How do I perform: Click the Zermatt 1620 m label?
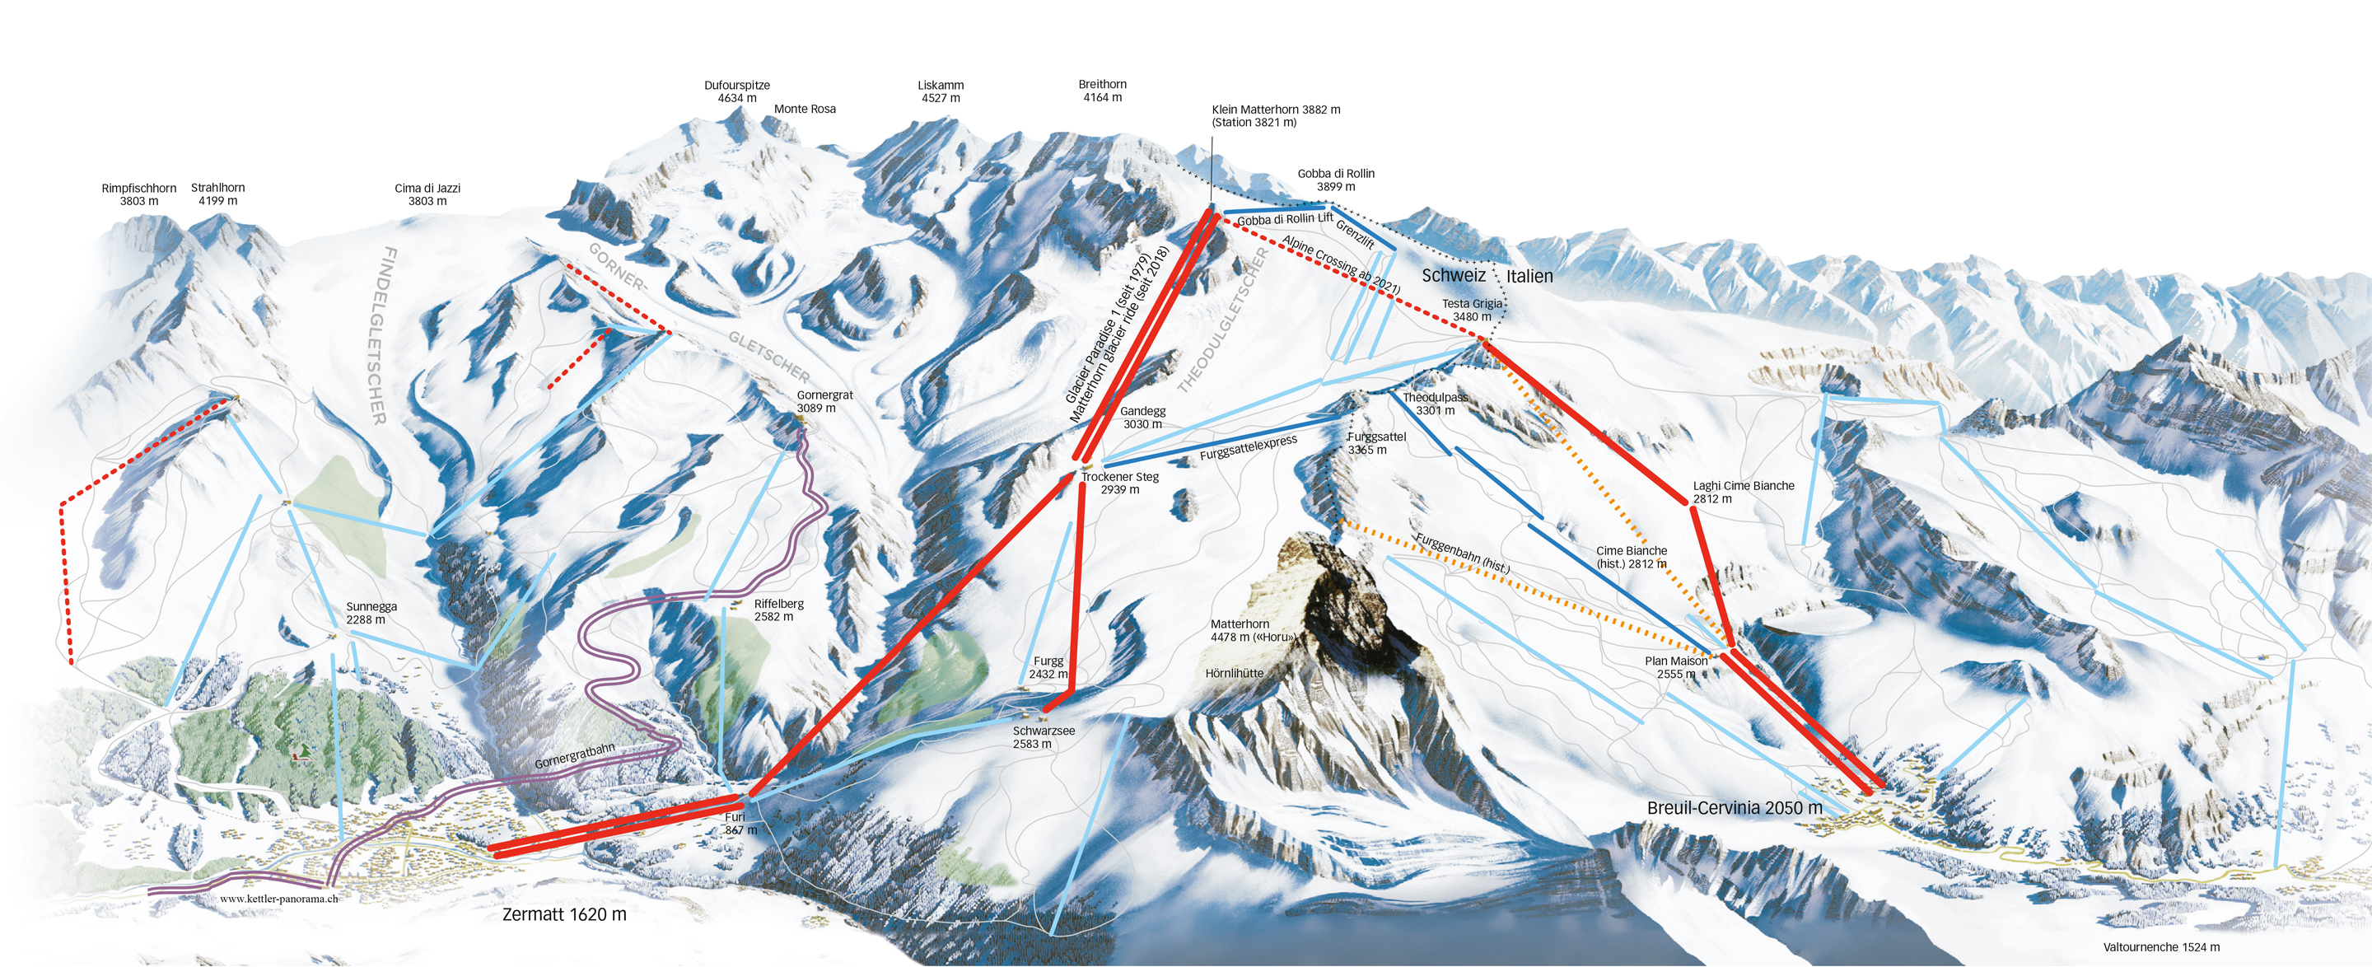pyautogui.click(x=563, y=914)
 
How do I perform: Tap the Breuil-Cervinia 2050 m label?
pyautogui.click(x=1734, y=808)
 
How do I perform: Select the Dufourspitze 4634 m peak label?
pyautogui.click(x=736, y=91)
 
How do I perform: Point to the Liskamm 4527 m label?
pyautogui.click(x=940, y=91)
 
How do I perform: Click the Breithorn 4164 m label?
pyautogui.click(x=1102, y=91)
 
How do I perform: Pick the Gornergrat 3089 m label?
pyautogui.click(x=824, y=401)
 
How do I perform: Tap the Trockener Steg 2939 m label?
pyautogui.click(x=1120, y=483)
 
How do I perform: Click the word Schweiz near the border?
pyautogui.click(x=1453, y=275)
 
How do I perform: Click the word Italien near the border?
pyautogui.click(x=1529, y=276)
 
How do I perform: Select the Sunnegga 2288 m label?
pyautogui.click(x=371, y=613)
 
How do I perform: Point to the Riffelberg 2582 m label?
pyautogui.click(x=778, y=610)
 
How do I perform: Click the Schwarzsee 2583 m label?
pyautogui.click(x=1044, y=736)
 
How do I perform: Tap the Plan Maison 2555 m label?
pyautogui.click(x=1676, y=667)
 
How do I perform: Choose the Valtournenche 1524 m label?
pyautogui.click(x=2161, y=946)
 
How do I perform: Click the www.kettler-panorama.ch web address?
pyautogui.click(x=278, y=899)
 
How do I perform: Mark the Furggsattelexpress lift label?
pyautogui.click(x=1248, y=447)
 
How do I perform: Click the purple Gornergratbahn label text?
pyautogui.click(x=574, y=756)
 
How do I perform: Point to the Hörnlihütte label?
pyautogui.click(x=1234, y=673)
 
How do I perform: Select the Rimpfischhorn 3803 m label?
pyautogui.click(x=139, y=194)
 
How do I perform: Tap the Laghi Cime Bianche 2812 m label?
pyautogui.click(x=1743, y=492)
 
